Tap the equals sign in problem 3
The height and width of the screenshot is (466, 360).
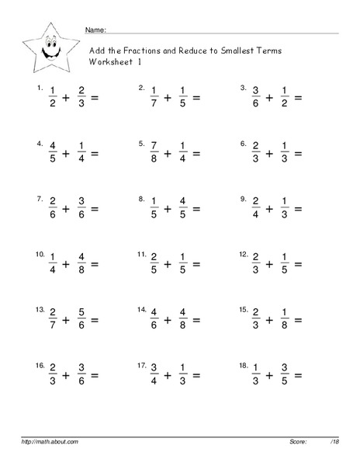pos(298,99)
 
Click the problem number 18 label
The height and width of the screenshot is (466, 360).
pos(243,363)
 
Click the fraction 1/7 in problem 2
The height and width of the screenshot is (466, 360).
pos(154,99)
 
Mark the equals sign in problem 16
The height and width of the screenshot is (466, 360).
pos(95,374)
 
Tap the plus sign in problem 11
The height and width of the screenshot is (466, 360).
pos(168,264)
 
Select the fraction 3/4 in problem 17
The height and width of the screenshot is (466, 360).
pos(154,374)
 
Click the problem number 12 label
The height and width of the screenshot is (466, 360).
pos(243,253)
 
